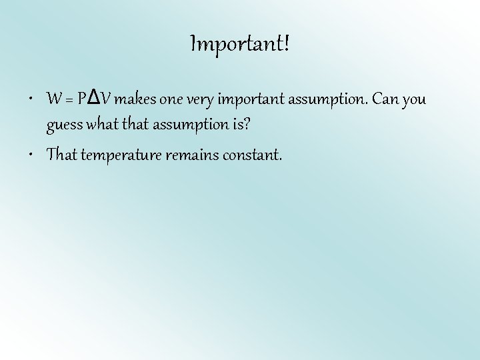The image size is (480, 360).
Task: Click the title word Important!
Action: point(240,45)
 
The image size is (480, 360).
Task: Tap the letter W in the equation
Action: point(54,100)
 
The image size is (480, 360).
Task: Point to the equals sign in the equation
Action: point(69,101)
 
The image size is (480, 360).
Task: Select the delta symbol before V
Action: point(94,99)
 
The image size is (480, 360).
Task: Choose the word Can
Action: point(385,100)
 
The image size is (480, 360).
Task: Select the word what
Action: point(99,124)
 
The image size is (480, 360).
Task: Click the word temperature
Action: point(117,156)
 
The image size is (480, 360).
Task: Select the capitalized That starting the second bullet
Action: point(62,155)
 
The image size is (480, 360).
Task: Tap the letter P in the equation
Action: point(81,100)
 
